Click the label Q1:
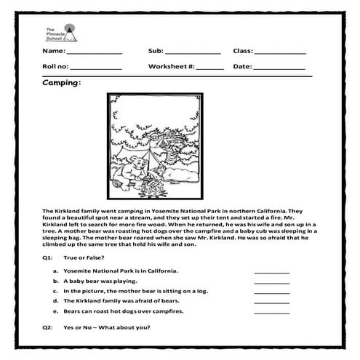48,258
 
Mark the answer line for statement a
271,272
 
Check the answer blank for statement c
271,292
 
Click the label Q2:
48,327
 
